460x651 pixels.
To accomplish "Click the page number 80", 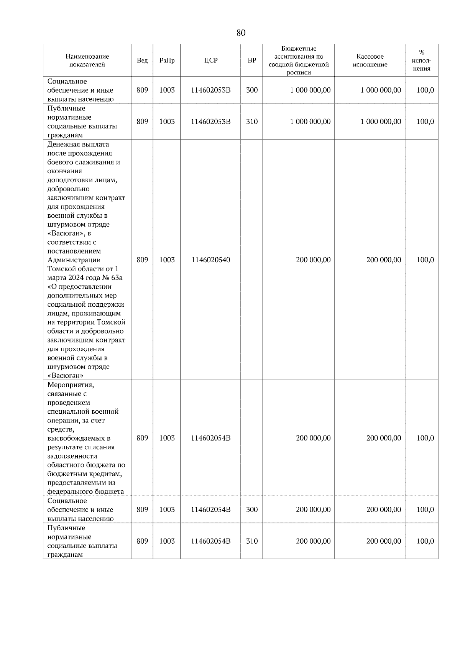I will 241,33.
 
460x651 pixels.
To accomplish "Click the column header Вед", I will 142,61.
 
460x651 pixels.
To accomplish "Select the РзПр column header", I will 167,61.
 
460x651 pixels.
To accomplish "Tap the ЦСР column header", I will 211,61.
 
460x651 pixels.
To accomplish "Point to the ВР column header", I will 252,61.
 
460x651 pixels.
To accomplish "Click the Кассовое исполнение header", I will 370,61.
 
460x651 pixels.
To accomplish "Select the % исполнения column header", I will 422,61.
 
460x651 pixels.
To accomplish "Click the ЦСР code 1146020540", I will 211,260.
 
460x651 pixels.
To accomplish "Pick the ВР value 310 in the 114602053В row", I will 252,122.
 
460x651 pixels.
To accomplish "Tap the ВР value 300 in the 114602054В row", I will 252,510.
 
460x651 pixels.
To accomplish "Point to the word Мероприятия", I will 71,385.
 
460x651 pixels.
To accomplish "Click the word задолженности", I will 72,456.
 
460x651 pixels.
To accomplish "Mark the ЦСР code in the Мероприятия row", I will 211,438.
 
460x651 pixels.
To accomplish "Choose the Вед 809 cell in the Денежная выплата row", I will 142,260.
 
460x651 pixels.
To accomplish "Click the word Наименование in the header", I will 87,56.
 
